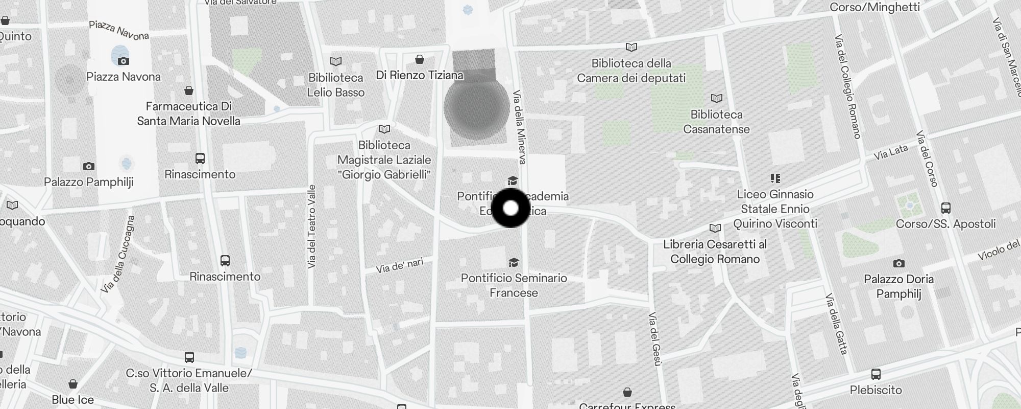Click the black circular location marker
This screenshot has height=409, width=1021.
pos(510,208)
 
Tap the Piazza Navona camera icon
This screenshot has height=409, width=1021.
pos(123,61)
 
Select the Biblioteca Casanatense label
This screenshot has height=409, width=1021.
pos(716,122)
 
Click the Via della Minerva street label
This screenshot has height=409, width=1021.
pos(519,127)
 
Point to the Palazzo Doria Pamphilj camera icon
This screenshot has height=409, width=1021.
pos(898,264)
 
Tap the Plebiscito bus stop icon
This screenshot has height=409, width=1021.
pos(876,374)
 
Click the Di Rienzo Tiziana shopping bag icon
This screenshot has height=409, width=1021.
pos(420,60)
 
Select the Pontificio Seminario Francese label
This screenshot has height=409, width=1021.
pos(514,285)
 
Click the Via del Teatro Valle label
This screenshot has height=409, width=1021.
pos(312,226)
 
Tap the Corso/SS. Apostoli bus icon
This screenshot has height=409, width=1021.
pos(945,208)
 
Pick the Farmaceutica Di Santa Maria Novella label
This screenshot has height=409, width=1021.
pos(188,113)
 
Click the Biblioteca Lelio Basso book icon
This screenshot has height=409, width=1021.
pos(335,62)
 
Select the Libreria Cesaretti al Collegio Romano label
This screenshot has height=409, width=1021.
pos(715,252)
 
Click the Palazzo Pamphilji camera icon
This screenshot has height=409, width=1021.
pos(88,166)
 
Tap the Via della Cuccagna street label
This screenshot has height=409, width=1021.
pos(118,254)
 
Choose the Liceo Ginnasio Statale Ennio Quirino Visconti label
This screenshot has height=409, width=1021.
pos(775,209)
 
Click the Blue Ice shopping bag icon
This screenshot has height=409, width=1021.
pos(73,384)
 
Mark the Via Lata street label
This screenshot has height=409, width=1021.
pos(891,151)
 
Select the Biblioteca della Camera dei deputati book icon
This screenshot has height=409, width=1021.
pos(631,48)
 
